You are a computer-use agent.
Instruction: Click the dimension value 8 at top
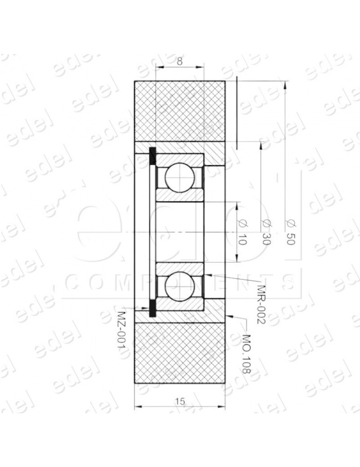pyautogui.click(x=180, y=61)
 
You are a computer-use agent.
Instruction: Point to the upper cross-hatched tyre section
pyautogui.click(x=180, y=111)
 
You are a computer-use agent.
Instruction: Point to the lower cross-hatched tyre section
pyautogui.click(x=180, y=353)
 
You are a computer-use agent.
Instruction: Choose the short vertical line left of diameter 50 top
pyautogui.click(x=237, y=112)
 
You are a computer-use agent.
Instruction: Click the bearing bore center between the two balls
pyautogui.click(x=180, y=232)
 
